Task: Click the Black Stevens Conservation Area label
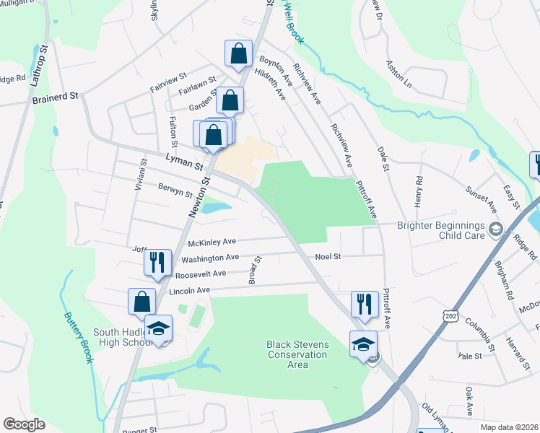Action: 297,354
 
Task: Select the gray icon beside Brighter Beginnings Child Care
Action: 495,229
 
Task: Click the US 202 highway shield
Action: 450,317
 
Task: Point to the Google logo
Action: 24,424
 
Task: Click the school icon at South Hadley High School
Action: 159,329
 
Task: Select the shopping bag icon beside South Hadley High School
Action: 142,301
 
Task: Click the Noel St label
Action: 327,256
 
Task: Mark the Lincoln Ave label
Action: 188,290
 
